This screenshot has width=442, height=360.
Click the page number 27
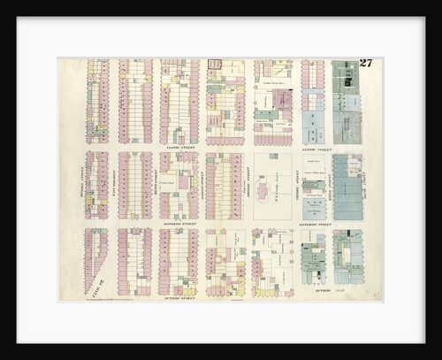tap(366, 63)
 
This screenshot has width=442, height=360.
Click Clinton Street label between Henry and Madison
tap(180, 148)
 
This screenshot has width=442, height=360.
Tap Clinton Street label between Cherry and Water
tap(314, 149)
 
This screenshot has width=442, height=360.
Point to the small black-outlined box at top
tap(213, 64)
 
